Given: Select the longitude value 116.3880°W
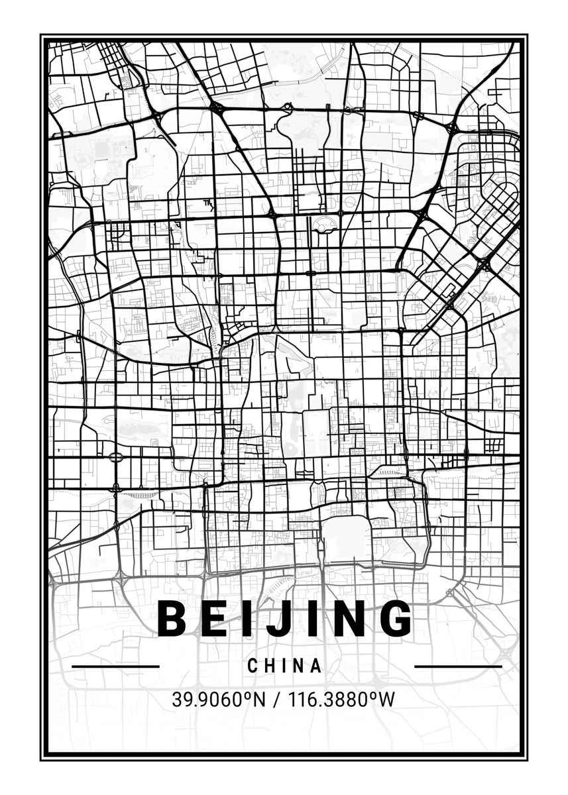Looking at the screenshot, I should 335,699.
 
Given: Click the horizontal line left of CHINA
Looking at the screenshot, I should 115,666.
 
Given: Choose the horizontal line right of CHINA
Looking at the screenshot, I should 458,666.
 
